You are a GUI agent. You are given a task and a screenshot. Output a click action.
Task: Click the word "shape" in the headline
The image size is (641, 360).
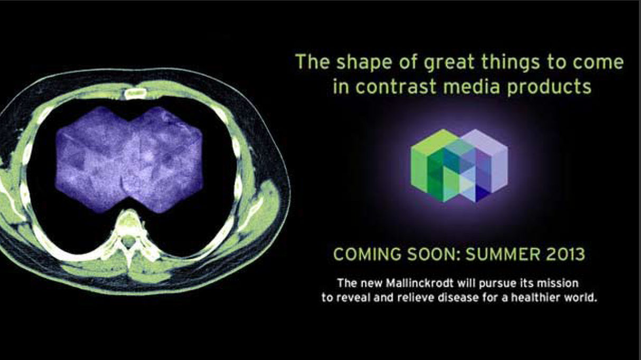pos(367,63)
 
